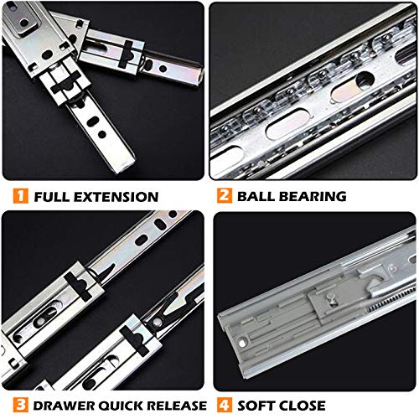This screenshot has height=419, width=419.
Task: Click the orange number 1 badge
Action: tap(19, 198)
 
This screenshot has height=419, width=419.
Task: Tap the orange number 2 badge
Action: tap(224, 198)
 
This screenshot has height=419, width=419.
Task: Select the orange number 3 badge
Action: tap(19, 404)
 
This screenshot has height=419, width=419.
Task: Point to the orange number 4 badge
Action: tap(224, 404)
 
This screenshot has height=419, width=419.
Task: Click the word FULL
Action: tap(52, 198)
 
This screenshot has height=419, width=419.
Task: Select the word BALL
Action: tap(257, 198)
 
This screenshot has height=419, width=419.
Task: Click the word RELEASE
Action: tap(174, 404)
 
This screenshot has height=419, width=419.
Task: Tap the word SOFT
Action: tap(256, 404)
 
